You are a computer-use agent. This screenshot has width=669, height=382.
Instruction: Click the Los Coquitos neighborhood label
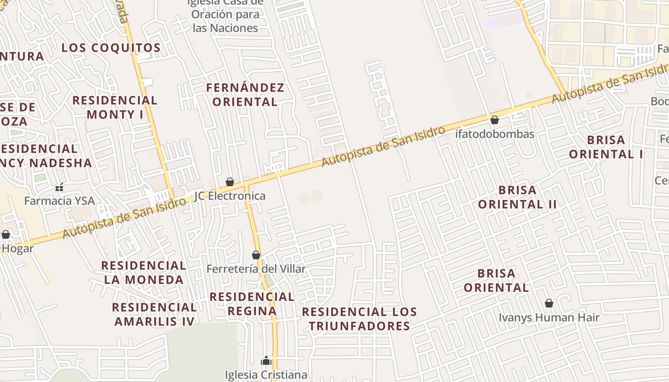click(x=111, y=48)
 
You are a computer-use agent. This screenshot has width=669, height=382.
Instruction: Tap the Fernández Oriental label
click(x=245, y=95)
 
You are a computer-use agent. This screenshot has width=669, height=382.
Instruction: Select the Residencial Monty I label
click(x=115, y=107)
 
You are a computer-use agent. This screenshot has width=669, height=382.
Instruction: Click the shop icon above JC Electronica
click(x=230, y=182)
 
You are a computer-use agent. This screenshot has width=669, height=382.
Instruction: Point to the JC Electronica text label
click(x=230, y=196)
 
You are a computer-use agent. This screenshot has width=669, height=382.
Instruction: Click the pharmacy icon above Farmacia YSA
click(x=59, y=187)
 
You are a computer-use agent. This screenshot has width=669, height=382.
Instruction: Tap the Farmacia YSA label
click(x=59, y=201)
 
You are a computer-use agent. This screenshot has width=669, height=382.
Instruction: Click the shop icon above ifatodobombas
click(x=495, y=120)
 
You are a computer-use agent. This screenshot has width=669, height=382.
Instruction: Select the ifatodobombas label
click(x=495, y=134)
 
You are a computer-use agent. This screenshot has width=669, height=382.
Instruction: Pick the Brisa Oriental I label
click(x=606, y=147)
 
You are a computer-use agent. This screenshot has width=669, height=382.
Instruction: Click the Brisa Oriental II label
click(x=518, y=197)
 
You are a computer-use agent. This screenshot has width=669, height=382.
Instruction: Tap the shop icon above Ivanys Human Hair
click(x=549, y=303)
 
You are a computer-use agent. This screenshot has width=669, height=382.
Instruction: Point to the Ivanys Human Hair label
click(x=549, y=317)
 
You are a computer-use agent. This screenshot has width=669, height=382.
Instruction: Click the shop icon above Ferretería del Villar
click(x=256, y=255)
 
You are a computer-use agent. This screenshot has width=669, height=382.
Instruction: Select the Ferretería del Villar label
click(x=256, y=269)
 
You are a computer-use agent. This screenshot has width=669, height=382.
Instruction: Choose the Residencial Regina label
click(x=252, y=304)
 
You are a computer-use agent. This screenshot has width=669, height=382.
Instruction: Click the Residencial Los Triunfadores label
click(x=359, y=319)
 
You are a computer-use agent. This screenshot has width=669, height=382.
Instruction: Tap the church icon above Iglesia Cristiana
click(x=266, y=361)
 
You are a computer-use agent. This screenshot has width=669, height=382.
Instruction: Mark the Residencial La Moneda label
click(x=143, y=273)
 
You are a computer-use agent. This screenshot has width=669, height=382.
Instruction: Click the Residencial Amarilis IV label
click(x=154, y=314)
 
